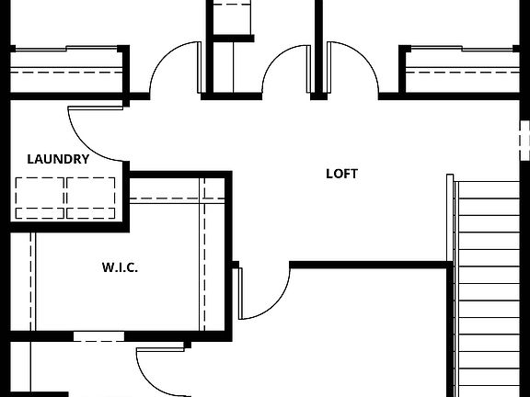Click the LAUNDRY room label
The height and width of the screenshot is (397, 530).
pos(58,159)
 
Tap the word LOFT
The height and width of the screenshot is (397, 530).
pos(341,173)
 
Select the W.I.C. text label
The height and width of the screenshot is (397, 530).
pos(120,268)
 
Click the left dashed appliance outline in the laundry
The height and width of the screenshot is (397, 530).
pos(40,197)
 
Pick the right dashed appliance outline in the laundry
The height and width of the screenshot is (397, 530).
pos(92,197)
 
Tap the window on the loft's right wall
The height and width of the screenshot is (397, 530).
pos(524,139)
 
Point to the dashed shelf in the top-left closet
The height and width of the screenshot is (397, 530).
pos(66,69)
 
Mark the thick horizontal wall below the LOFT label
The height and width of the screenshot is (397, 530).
pos(372,265)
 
